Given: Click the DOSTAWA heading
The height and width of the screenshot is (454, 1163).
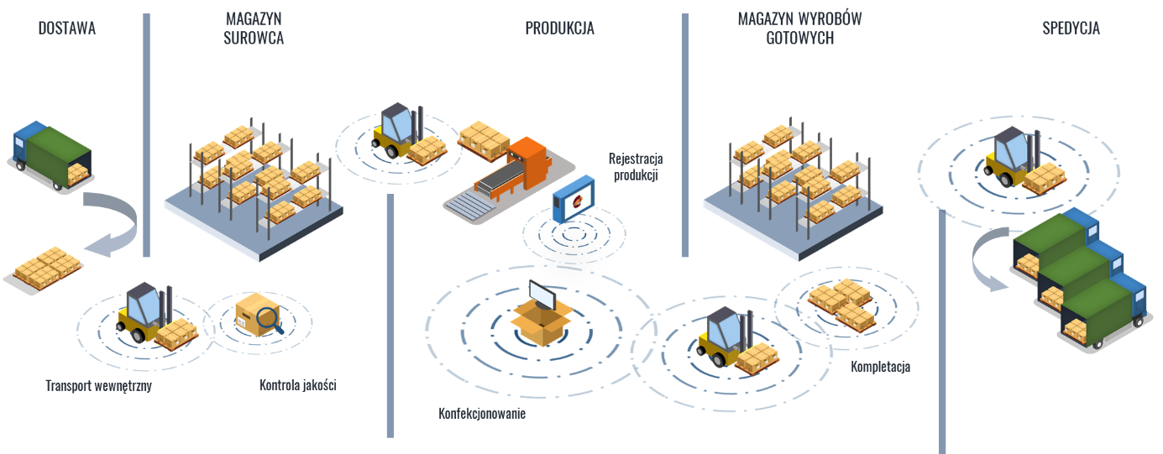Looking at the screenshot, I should pos(67,29).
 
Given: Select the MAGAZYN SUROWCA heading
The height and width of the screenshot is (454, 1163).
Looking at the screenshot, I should pos(254,29).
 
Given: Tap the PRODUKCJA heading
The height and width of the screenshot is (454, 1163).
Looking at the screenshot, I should pos(559,29).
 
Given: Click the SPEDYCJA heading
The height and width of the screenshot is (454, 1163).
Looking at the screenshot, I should pos(1071,29).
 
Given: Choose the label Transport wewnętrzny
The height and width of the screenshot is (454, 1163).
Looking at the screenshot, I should pos(98,387).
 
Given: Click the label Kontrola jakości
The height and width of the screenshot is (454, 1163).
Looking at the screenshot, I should pos(297,386).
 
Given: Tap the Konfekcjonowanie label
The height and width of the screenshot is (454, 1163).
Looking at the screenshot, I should pos(482,414).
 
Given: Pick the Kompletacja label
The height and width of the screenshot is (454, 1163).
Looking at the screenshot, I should pos(880,367).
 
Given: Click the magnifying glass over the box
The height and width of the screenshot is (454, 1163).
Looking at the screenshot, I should pos(268,318).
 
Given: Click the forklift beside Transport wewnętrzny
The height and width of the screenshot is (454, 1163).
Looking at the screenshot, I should pos(152,317).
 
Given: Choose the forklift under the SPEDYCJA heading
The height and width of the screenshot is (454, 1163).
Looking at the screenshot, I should pos(1019,161).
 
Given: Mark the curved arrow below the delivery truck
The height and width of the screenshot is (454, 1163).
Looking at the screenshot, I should pos(118,223).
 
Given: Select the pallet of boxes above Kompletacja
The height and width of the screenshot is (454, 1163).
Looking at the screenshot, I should pos(841,302).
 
